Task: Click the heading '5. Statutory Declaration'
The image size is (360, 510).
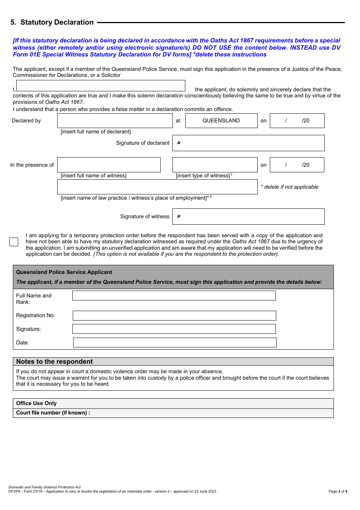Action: (52, 22)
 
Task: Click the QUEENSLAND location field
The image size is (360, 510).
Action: (221, 120)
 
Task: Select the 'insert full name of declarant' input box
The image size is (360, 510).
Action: (115, 120)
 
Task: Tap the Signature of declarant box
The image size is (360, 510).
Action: (248, 143)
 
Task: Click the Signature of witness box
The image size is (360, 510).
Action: (248, 216)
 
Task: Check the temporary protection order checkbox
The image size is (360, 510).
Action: (14, 242)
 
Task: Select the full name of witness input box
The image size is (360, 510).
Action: (109, 165)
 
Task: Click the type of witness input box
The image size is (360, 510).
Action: (215, 165)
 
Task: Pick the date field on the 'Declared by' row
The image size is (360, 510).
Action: (297, 120)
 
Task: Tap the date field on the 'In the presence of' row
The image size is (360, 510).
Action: (297, 165)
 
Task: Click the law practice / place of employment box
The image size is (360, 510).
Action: (157, 187)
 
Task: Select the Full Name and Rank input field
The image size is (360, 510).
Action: (174, 296)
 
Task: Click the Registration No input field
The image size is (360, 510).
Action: (174, 316)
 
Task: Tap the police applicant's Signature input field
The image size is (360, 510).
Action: (174, 329)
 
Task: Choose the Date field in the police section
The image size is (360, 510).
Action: (174, 343)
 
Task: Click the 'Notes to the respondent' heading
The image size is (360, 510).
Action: (55, 361)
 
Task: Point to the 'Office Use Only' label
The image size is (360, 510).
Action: (36, 403)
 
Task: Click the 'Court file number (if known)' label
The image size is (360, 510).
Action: (53, 413)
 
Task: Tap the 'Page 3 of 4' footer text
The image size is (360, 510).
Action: (338, 491)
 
